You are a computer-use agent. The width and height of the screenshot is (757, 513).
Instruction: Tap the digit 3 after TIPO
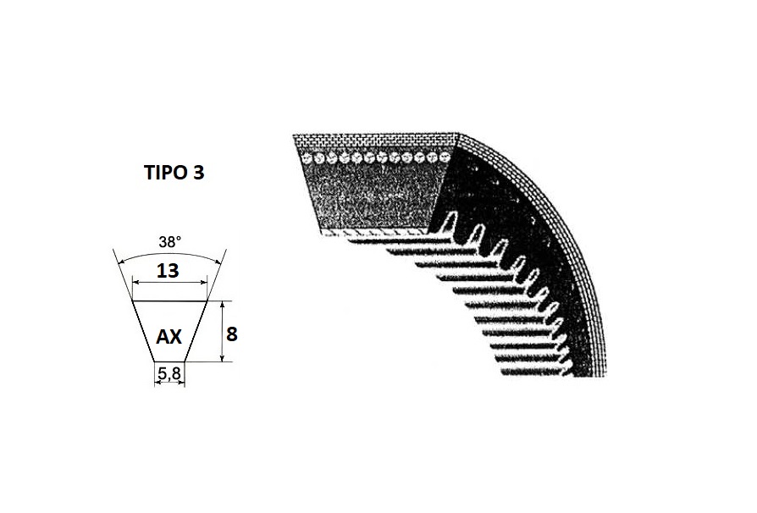click(x=198, y=173)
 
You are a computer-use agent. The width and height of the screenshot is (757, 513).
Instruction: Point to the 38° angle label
click(x=170, y=242)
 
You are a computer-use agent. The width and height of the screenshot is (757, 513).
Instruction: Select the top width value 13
click(x=168, y=271)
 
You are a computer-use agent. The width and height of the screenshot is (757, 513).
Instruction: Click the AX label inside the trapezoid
click(x=169, y=336)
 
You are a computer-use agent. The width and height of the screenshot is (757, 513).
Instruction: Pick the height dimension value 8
click(x=232, y=334)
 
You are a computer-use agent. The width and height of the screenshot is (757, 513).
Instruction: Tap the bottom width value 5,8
click(x=169, y=373)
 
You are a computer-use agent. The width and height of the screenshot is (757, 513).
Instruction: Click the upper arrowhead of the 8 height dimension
click(x=222, y=305)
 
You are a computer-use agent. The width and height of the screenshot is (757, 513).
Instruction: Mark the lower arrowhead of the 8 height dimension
click(x=222, y=357)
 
